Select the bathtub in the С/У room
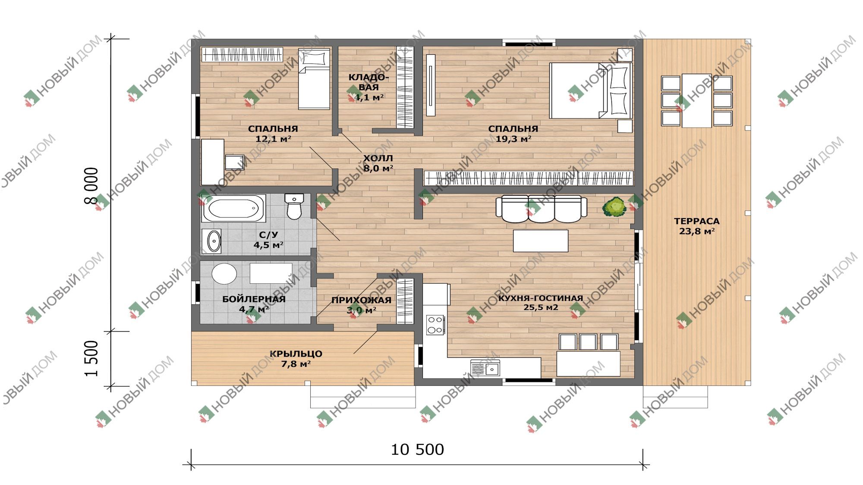pyautogui.click(x=233, y=208)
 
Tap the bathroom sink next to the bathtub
pyautogui.click(x=212, y=241)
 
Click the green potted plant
pyautogui.click(x=614, y=207)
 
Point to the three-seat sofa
pyautogui.click(x=541, y=209)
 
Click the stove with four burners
pyautogui.click(x=435, y=325)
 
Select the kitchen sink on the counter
pyautogui.click(x=485, y=368)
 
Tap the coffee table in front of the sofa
pyautogui.click(x=540, y=241)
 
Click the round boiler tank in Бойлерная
pyautogui.click(x=224, y=274)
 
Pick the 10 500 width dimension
pyautogui.click(x=417, y=450)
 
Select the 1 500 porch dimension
pyautogui.click(x=91, y=359)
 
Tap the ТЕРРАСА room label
pyautogui.click(x=697, y=221)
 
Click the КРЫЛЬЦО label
pyautogui.click(x=296, y=354)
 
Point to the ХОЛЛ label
pyautogui.click(x=378, y=158)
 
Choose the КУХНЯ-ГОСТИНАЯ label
pyautogui.click(x=541, y=298)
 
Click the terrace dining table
pyautogui.click(x=696, y=100)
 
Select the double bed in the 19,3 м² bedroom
pyautogui.click(x=591, y=90)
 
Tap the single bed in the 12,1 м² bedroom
pyautogui.click(x=314, y=79)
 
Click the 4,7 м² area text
pyautogui.click(x=254, y=309)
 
